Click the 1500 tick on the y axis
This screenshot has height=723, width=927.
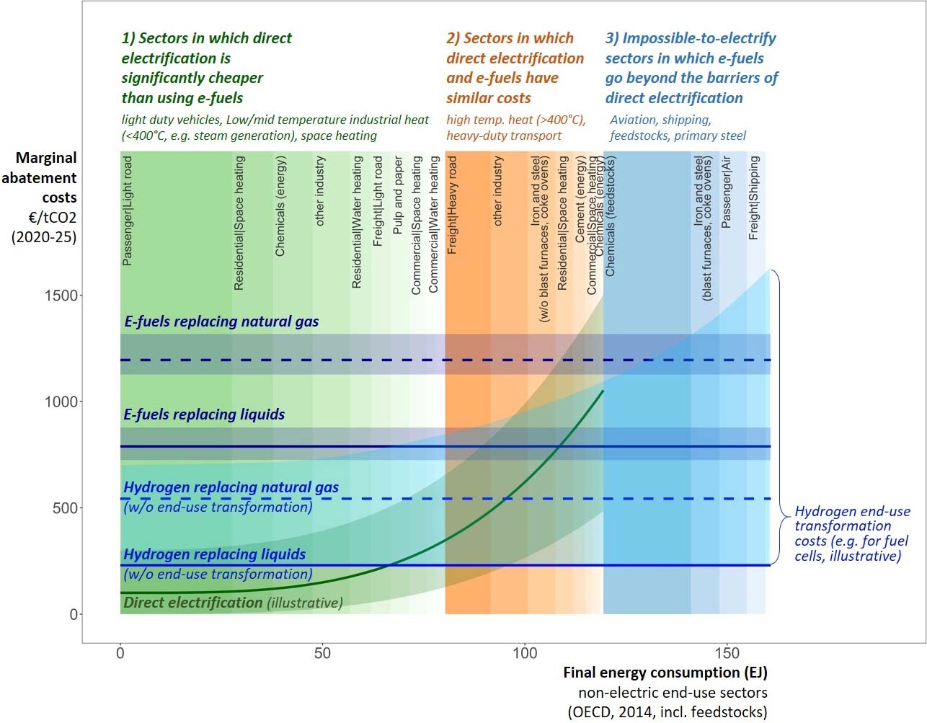[x=61, y=296]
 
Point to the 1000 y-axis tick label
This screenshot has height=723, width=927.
[x=61, y=402]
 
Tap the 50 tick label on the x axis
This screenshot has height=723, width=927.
[x=322, y=653]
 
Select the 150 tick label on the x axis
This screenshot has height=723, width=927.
[x=727, y=653]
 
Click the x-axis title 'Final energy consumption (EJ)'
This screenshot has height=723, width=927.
[x=665, y=673]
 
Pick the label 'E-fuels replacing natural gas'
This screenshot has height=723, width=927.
[x=221, y=321]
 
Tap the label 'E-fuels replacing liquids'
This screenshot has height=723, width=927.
[x=204, y=414]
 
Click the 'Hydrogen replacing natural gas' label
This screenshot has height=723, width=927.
[x=231, y=487]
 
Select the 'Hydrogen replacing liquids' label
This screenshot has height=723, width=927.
[x=214, y=554]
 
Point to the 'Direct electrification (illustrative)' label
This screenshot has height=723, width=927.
[x=233, y=603]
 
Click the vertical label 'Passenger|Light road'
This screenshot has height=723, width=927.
[x=128, y=210]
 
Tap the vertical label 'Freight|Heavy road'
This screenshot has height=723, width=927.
[x=453, y=205]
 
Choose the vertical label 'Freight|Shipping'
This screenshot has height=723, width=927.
[x=754, y=198]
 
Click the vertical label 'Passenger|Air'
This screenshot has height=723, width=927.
[x=727, y=192]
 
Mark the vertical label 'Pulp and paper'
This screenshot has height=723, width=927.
[x=398, y=195]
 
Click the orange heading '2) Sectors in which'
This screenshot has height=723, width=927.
[x=510, y=38]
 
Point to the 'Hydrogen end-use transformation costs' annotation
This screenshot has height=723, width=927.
[x=851, y=533]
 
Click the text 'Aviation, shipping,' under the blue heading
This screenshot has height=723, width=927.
[x=660, y=120]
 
